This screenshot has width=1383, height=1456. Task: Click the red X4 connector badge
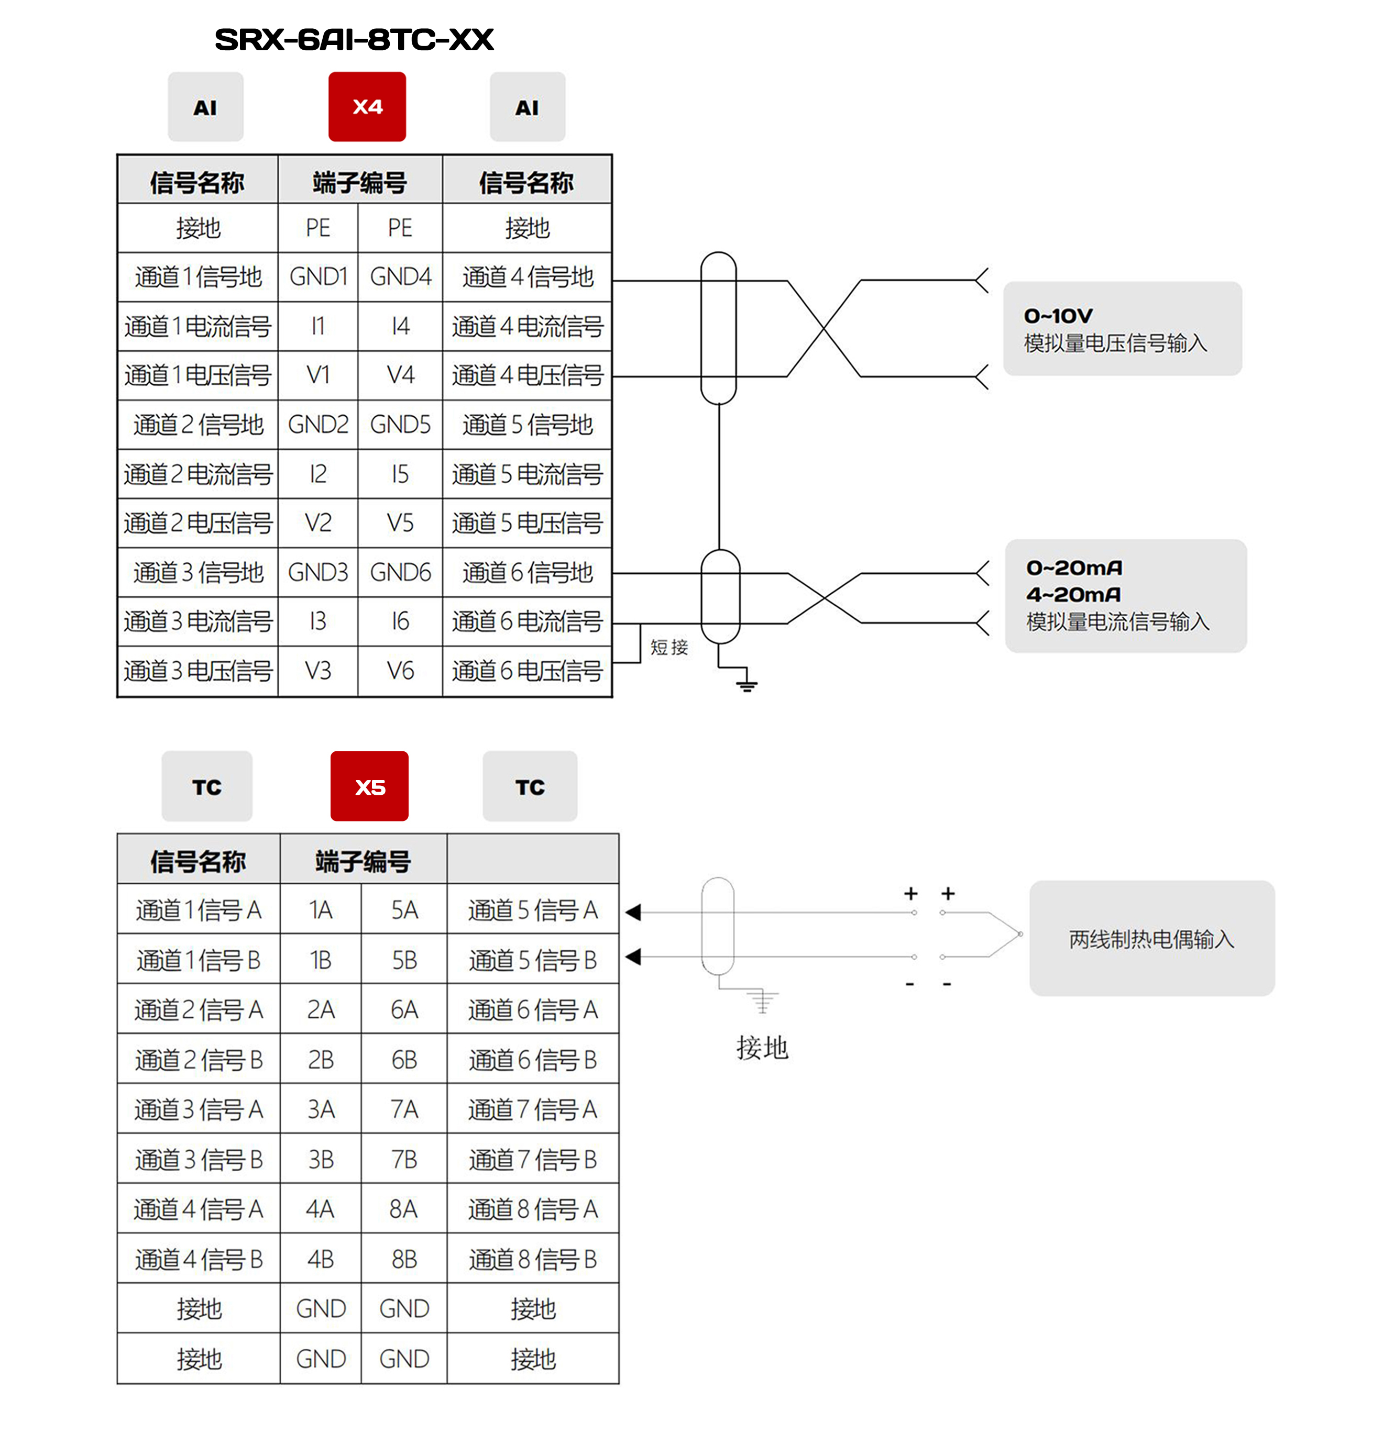click(x=367, y=107)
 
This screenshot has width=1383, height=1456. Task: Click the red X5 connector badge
click(x=369, y=786)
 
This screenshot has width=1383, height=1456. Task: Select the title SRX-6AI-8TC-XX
click(x=354, y=40)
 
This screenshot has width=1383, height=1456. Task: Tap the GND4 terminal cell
click(x=400, y=277)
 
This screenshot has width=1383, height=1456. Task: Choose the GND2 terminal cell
click(x=318, y=425)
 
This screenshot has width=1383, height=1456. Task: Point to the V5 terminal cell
click(x=400, y=523)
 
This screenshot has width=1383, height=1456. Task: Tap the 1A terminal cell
click(x=321, y=910)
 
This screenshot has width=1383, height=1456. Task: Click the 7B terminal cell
click(x=404, y=1160)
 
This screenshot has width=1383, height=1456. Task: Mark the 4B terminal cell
click(x=321, y=1259)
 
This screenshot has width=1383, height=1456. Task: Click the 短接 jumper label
click(x=668, y=647)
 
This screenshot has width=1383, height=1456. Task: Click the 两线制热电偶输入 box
click(x=1151, y=939)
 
